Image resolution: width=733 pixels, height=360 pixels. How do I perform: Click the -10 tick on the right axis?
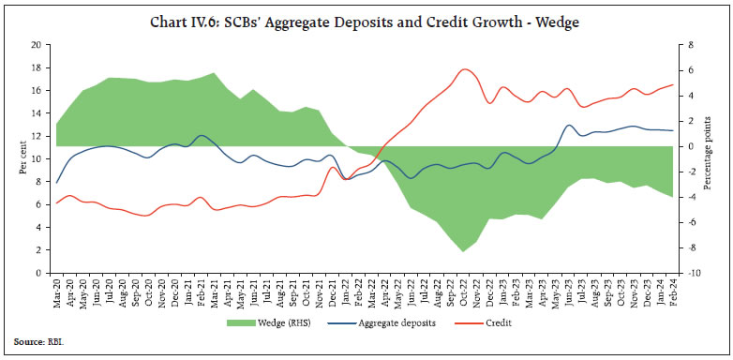pyautogui.click(x=693, y=273)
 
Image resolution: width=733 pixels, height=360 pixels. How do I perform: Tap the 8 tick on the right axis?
pyautogui.click(x=690, y=45)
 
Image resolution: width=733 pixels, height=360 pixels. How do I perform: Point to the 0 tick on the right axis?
pyautogui.click(x=690, y=146)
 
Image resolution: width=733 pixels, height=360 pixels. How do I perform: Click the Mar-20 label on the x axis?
pyautogui.click(x=57, y=293)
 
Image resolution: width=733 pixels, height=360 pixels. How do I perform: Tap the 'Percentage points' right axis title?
pyautogui.click(x=717, y=158)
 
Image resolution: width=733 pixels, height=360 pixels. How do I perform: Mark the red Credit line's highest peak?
pyautogui.click(x=465, y=69)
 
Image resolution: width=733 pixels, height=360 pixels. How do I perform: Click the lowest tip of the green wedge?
pyautogui.click(x=463, y=251)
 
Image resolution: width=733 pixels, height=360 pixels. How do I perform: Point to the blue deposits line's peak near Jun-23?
pyautogui.click(x=570, y=125)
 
